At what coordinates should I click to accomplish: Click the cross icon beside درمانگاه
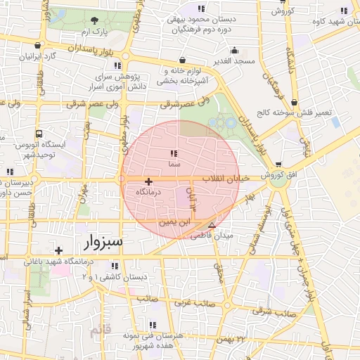pos(148,181)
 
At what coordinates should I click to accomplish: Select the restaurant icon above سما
pos(173,153)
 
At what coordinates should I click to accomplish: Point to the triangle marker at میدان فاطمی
pos(212,226)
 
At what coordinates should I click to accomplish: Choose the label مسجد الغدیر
pos(235,62)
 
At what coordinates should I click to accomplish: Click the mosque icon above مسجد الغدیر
pos(235,51)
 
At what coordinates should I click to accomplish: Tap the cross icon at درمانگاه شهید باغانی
pos(58,250)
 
